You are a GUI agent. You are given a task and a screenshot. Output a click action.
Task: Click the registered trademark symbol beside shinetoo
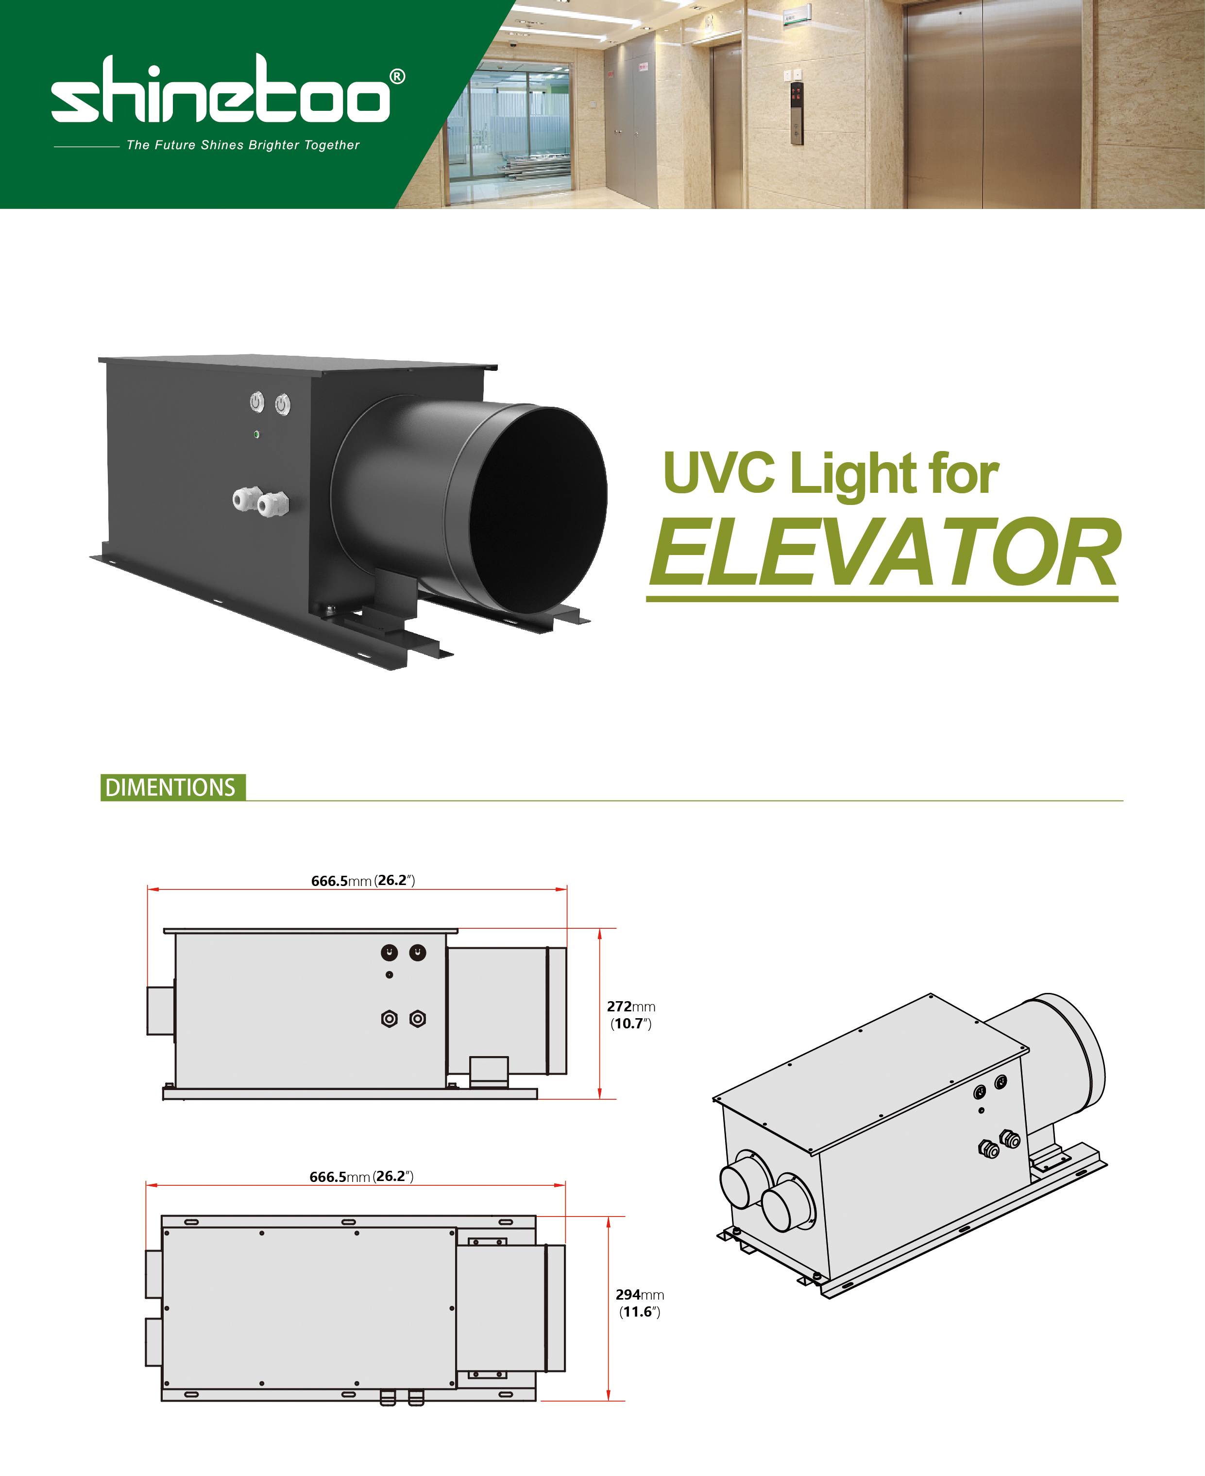click(x=396, y=76)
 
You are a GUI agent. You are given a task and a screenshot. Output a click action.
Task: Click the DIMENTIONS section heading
click(x=171, y=787)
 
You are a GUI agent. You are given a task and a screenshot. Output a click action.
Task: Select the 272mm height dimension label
click(x=631, y=1007)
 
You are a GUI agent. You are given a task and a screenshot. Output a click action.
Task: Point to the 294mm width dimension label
click(x=639, y=1295)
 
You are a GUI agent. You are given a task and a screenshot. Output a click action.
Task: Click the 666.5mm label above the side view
click(x=363, y=881)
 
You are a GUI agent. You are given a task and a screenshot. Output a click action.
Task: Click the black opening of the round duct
click(x=538, y=509)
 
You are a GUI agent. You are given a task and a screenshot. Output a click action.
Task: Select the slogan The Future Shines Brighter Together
click(x=243, y=145)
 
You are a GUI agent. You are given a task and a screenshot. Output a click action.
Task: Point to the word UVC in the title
click(x=718, y=472)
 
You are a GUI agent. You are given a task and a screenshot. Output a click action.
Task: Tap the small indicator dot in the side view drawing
click(x=390, y=974)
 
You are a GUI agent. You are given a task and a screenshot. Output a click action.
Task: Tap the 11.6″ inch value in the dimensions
click(x=639, y=1311)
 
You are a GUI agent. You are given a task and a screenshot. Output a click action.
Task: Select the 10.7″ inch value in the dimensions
click(x=631, y=1023)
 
